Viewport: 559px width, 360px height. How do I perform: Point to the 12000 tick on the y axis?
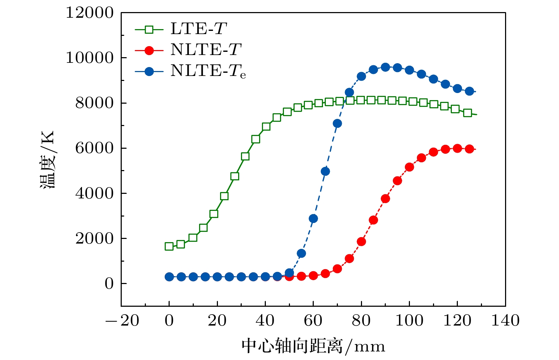(89, 13)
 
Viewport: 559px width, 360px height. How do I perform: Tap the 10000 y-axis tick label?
(89, 58)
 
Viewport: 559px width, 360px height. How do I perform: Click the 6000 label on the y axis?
(94, 148)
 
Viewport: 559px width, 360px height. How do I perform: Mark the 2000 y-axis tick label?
(94, 238)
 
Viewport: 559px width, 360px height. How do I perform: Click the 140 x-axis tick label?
(505, 321)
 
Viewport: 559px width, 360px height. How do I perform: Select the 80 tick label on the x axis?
(361, 321)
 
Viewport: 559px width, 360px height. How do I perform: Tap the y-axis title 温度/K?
(47, 160)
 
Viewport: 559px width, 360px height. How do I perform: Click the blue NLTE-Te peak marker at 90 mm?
(385, 67)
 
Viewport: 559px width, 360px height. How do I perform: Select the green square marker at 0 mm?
(169, 246)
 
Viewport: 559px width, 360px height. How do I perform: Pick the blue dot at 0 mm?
(169, 277)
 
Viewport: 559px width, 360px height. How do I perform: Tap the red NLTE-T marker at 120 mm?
(457, 148)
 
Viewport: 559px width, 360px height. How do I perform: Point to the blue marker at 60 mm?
(313, 218)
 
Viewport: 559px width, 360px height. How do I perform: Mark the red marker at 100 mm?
(409, 167)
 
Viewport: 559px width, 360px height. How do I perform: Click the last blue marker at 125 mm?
(469, 91)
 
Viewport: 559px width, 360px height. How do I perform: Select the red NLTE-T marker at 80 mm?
(361, 242)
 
